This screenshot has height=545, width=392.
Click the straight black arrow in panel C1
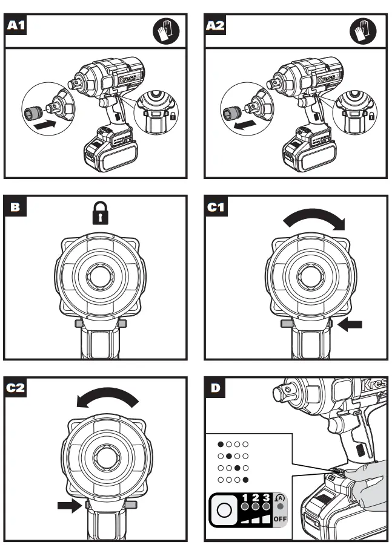pyautogui.click(x=350, y=325)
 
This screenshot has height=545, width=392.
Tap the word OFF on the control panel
pyautogui.click(x=280, y=519)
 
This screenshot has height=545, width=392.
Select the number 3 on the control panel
pyautogui.click(x=266, y=497)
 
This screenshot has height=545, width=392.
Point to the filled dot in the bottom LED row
pyautogui.click(x=245, y=479)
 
